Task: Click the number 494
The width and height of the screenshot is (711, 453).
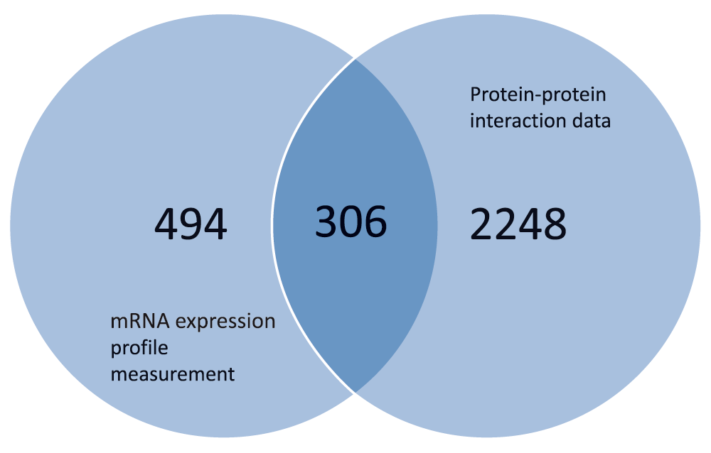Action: tap(191, 224)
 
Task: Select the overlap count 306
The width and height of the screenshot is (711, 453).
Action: tap(351, 222)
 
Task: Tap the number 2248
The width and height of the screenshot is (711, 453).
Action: tap(518, 224)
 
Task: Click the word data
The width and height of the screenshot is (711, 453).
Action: tap(589, 121)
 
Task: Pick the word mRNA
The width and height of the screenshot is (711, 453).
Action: tap(140, 321)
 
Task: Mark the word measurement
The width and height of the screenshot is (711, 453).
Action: tap(173, 374)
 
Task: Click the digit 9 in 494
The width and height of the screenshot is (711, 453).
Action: tap(191, 224)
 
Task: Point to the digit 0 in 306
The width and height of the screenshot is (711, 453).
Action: tap(351, 222)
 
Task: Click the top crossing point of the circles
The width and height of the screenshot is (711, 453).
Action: tap(355, 59)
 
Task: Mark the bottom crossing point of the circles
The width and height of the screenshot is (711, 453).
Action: tap(355, 393)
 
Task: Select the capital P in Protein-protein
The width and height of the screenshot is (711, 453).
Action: tap(475, 94)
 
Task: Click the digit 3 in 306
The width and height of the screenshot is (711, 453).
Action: tap(326, 222)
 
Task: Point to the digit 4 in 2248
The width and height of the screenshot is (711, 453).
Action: tap(530, 224)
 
